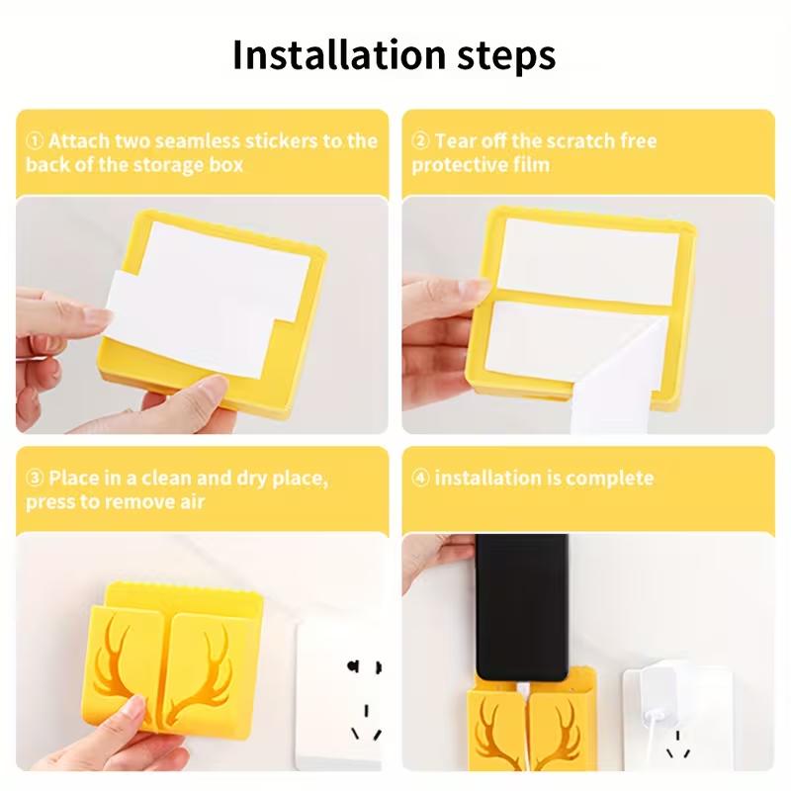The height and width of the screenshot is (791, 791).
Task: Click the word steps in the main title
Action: tap(508, 57)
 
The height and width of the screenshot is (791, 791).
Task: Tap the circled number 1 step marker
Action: tap(34, 140)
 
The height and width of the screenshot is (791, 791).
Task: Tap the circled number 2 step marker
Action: tap(420, 140)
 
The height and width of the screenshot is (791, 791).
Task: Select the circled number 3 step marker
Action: tap(34, 479)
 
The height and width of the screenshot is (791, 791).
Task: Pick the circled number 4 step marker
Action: tap(420, 479)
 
